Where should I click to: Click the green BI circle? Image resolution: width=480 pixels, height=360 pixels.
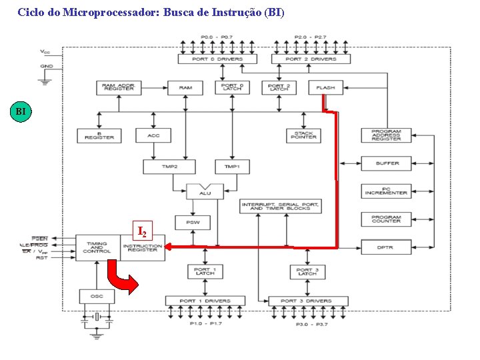click(x=21, y=111)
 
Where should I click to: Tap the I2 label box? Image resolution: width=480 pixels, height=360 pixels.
click(x=142, y=231)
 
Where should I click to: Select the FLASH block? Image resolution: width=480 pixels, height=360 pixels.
click(x=325, y=87)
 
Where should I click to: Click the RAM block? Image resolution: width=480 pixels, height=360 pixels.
click(x=185, y=87)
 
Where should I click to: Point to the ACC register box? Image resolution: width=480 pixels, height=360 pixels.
click(x=153, y=135)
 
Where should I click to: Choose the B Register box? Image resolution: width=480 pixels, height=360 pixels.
click(x=99, y=135)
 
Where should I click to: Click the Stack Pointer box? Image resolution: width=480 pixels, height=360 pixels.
click(x=304, y=135)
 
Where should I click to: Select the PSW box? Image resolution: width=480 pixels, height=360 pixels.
click(x=193, y=222)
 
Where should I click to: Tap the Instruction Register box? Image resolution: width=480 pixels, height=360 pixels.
click(x=143, y=247)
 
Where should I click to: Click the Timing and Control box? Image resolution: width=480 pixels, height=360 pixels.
click(x=97, y=247)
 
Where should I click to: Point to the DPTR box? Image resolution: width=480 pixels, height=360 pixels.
click(x=385, y=247)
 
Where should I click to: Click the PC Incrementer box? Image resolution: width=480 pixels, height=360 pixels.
click(x=386, y=191)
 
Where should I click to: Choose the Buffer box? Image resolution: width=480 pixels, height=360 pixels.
click(x=387, y=163)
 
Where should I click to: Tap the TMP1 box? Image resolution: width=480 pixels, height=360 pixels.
click(x=232, y=166)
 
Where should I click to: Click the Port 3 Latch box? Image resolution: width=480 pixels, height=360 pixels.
click(x=307, y=271)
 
